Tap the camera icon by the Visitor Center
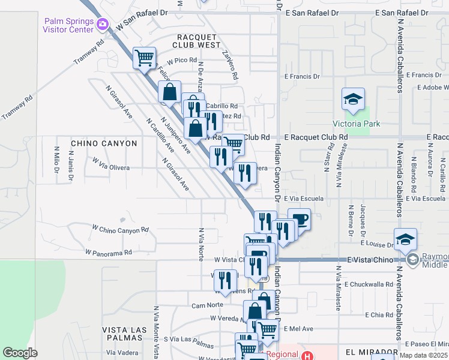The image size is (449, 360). pos(103,25)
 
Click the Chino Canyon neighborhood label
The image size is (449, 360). pos(104,143)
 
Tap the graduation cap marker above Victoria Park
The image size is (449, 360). pos(353,100)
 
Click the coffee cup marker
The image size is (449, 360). pos(299,219)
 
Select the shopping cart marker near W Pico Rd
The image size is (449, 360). pos(144,58)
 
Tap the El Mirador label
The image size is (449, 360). pos(370,352)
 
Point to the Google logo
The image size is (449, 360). pos(20,353)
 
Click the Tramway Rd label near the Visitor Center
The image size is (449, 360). pos(89,52)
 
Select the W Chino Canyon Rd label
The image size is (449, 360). pos(120,230)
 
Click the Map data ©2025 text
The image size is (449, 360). pos(423,355)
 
